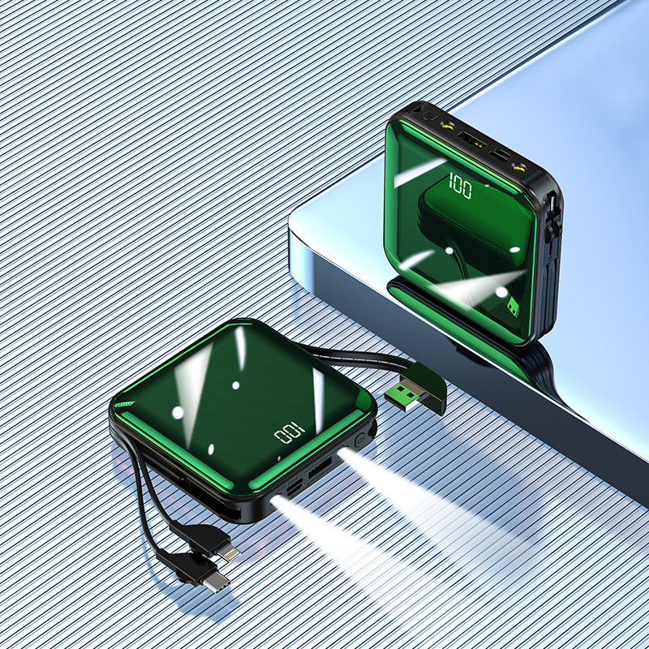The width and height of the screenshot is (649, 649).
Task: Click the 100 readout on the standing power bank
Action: click(460, 186)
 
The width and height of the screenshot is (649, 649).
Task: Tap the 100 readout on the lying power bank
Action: click(290, 433)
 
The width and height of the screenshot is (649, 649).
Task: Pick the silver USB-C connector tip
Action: click(216, 582)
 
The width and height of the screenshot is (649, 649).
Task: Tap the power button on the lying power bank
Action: click(360, 439)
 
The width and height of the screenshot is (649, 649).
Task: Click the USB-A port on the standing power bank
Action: click(471, 140)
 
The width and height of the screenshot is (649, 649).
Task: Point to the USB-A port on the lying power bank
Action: click(320, 469)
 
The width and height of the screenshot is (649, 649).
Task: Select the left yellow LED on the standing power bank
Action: click(447, 124)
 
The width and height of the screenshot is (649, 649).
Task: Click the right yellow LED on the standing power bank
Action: click(518, 168)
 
